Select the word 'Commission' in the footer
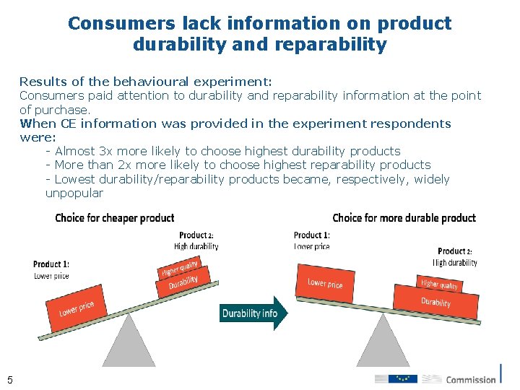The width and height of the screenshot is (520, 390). point(471,379)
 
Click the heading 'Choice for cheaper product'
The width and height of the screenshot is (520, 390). point(115,218)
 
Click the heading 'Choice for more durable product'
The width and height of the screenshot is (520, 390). point(404,217)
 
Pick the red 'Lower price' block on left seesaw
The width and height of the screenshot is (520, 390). point(77,310)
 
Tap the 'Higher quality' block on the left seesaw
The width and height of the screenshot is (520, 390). point(178,269)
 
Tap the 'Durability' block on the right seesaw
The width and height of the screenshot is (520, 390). point(435,301)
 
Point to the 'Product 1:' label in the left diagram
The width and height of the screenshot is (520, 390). point(51,264)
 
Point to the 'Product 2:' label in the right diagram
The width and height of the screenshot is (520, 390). point(455,251)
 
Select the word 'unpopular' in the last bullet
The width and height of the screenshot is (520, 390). point(74,193)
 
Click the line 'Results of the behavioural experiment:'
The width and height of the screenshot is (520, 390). point(145,82)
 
